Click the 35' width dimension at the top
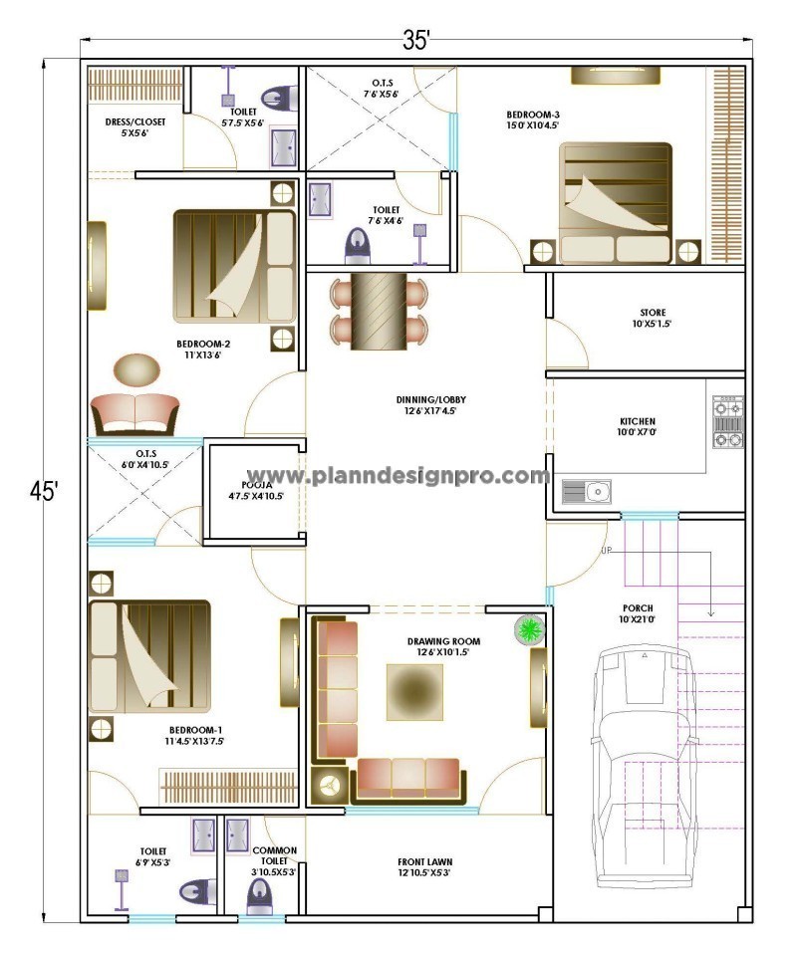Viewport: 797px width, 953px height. pyautogui.click(x=416, y=40)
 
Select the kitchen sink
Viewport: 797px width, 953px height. pyautogui.click(x=587, y=491)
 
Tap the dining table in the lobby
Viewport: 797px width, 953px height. pyautogui.click(x=379, y=311)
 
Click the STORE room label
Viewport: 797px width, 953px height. pyautogui.click(x=653, y=318)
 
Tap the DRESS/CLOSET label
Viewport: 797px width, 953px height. pyautogui.click(x=135, y=126)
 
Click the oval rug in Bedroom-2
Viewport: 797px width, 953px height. pyautogui.click(x=135, y=370)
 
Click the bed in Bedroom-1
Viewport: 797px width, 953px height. pyautogui.click(x=149, y=657)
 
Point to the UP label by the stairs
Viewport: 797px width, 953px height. pyautogui.click(x=606, y=551)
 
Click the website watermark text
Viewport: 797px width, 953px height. pyautogui.click(x=403, y=476)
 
